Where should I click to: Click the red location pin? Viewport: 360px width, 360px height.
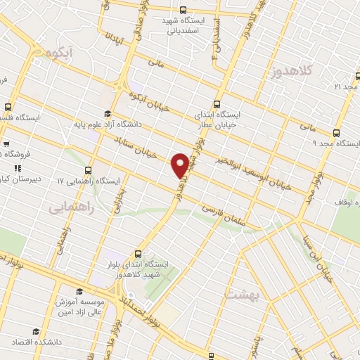[181, 165]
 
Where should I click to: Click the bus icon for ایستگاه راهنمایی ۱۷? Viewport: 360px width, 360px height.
[88, 171]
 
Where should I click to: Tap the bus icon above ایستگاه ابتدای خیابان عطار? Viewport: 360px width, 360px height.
[217, 102]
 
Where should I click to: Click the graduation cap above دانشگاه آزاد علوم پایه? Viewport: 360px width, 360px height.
[107, 114]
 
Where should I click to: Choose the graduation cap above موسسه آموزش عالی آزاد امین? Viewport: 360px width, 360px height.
[79, 290]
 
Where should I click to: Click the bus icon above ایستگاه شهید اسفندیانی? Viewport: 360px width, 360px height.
[183, 10]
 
